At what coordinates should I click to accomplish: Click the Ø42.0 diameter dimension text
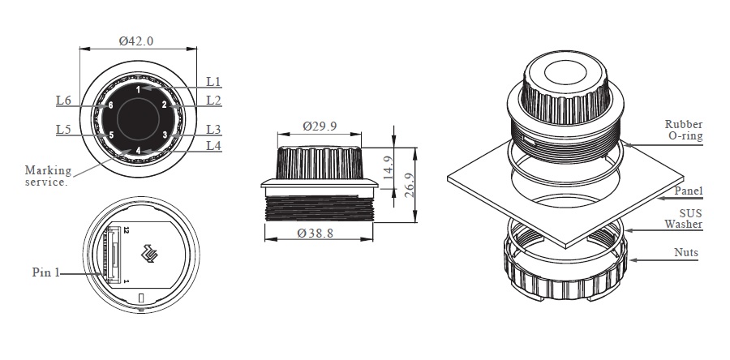tap(136, 41)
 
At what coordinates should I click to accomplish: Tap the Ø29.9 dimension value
tap(320, 126)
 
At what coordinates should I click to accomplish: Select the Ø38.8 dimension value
tap(316, 233)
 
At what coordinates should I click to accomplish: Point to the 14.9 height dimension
tap(388, 168)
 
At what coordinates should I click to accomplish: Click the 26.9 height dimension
tap(410, 185)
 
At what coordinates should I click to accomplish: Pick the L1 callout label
tap(213, 82)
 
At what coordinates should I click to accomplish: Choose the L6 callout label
tap(64, 100)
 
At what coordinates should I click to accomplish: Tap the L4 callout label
tap(213, 146)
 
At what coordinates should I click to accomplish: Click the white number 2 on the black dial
tap(165, 105)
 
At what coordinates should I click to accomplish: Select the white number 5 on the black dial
tap(111, 135)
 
